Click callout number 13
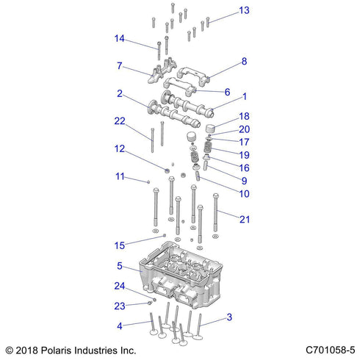pyautogui.click(x=244, y=10)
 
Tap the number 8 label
pyautogui.click(x=244, y=62)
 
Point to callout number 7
pyautogui.click(x=118, y=66)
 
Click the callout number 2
pyautogui.click(x=118, y=93)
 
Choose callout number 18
pyautogui.click(x=244, y=116)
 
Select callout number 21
pyautogui.click(x=244, y=218)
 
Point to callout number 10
pyautogui.click(x=244, y=194)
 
